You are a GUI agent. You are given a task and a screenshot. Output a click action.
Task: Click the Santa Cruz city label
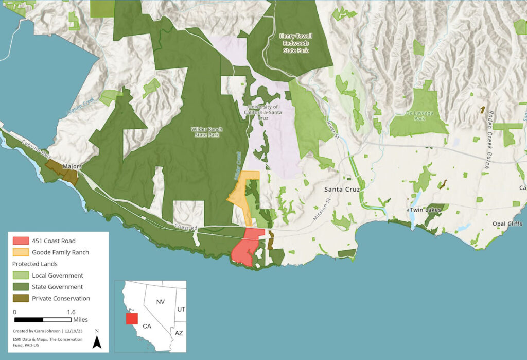[341, 189]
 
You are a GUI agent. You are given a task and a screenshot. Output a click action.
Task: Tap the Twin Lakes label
[424, 210]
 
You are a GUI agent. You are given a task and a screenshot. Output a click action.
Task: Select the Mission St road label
[320, 210]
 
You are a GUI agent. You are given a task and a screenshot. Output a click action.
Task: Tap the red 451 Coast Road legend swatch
[20, 241]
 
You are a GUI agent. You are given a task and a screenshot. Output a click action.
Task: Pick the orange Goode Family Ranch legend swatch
[20, 252]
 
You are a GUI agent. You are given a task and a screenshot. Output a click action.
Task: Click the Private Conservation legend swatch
[20, 298]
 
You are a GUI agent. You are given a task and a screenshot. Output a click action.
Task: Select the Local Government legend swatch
[20, 275]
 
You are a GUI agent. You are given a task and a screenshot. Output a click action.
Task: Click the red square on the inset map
[131, 319]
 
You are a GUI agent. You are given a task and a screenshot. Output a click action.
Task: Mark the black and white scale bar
[42, 320]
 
